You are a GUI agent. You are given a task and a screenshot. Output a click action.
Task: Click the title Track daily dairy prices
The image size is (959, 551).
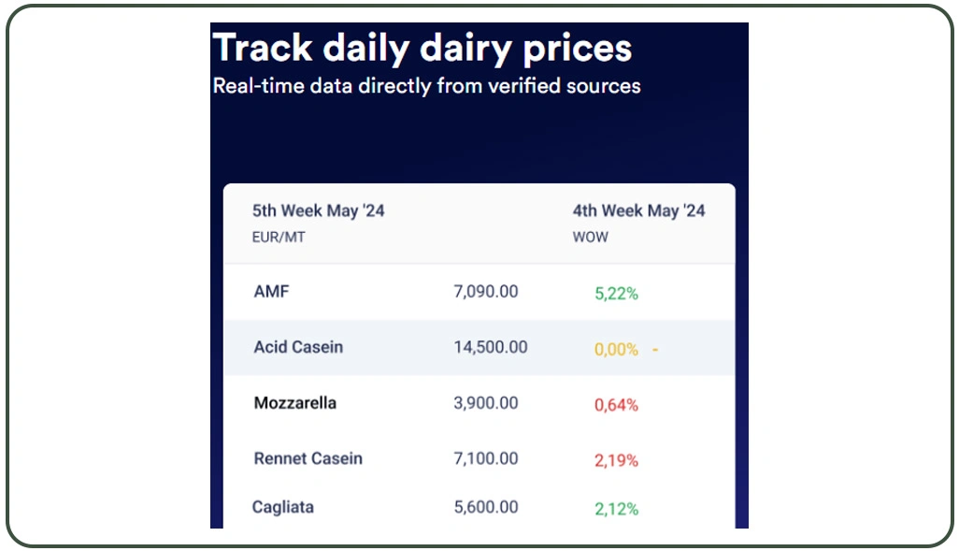422,48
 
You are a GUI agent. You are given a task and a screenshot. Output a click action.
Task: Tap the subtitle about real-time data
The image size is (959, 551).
426,86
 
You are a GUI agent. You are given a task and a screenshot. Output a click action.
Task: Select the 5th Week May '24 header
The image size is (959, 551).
318,211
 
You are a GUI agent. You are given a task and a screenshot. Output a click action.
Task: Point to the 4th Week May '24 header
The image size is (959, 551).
638,211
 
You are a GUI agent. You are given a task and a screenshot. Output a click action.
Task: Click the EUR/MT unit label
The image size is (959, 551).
279,238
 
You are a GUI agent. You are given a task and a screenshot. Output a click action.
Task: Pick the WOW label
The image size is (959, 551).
590,238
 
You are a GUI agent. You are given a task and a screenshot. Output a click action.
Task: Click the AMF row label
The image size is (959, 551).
271,292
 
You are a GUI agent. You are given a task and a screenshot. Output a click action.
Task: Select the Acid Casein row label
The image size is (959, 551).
298,347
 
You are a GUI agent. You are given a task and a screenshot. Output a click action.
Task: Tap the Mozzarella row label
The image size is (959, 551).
294,403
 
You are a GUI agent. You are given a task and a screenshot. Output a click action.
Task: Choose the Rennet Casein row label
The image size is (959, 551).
308,458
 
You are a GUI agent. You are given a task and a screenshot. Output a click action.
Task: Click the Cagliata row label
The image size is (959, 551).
282,507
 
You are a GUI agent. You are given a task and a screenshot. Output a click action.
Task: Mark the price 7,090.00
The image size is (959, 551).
485,292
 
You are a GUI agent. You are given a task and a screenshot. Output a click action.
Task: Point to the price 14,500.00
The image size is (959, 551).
490,347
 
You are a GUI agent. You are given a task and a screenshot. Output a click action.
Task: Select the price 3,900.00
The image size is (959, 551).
485,403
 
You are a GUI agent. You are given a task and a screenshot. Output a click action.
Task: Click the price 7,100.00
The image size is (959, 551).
485,458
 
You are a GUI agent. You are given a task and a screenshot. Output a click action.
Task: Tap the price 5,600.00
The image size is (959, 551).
485,507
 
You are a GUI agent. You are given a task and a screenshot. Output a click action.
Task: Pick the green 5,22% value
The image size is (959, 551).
616,294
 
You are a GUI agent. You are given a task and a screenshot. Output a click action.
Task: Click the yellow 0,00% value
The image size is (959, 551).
616,350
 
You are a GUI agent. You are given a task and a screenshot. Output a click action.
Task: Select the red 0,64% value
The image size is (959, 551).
616,405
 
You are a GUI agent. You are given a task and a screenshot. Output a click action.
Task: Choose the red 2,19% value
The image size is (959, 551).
616,460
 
